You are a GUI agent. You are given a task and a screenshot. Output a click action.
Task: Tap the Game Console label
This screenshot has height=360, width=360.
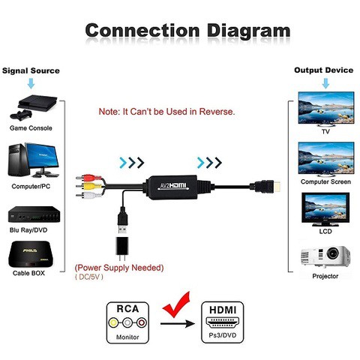(31, 128)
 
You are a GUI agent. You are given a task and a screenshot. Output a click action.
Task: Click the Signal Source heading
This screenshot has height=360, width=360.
(31, 70)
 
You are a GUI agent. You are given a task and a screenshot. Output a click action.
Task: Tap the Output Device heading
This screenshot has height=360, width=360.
(323, 70)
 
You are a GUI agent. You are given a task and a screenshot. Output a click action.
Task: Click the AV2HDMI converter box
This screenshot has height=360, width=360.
(178, 184)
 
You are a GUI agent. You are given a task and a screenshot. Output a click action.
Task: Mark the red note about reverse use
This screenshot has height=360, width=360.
(167, 112)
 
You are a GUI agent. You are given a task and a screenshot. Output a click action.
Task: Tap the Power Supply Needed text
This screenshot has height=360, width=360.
(118, 268)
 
